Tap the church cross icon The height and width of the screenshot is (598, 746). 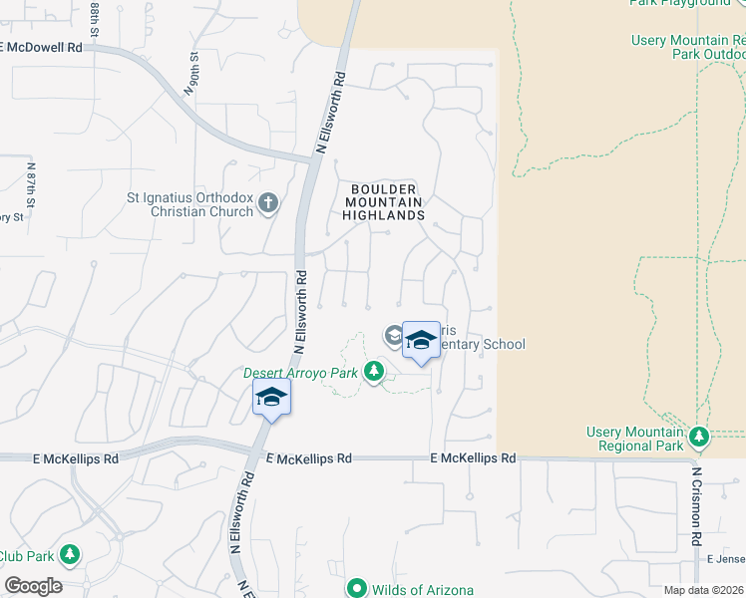267,204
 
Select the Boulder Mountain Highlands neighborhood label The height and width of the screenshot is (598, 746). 385,201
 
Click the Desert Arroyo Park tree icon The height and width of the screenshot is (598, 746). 374,372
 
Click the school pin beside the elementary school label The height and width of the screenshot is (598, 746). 421,341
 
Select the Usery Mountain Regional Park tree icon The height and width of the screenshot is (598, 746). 699,436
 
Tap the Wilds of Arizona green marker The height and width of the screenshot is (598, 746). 358,589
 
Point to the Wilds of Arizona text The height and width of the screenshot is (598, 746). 422,590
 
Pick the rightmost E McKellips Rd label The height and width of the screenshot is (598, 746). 473,458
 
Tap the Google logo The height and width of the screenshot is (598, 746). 33,586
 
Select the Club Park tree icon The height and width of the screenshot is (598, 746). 69,554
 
